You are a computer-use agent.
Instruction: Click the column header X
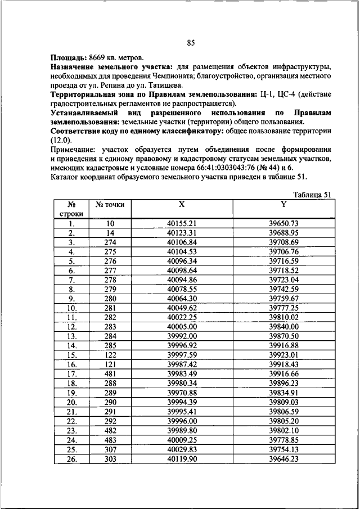(x=181, y=205)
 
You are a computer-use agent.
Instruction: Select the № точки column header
(x=110, y=205)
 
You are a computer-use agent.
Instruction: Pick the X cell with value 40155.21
(x=181, y=223)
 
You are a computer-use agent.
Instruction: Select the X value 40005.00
(x=181, y=326)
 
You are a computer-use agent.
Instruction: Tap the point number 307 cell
(x=110, y=449)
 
